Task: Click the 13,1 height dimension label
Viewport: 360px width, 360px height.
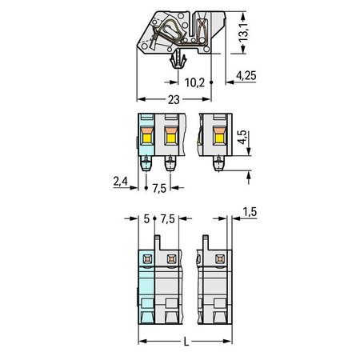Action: click(243, 33)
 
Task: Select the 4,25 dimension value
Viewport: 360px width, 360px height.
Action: click(246, 76)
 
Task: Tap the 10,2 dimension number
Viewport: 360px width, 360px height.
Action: click(194, 82)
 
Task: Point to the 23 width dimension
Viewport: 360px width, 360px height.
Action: click(174, 100)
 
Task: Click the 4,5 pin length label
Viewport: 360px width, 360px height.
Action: click(242, 138)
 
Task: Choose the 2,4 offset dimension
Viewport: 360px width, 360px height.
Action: click(121, 182)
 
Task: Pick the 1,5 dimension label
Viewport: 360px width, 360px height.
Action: click(250, 212)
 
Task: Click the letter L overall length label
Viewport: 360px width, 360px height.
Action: click(186, 342)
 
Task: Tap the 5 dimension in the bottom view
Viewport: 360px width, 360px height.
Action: click(146, 219)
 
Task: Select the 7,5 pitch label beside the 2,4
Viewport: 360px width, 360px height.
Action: click(159, 188)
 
